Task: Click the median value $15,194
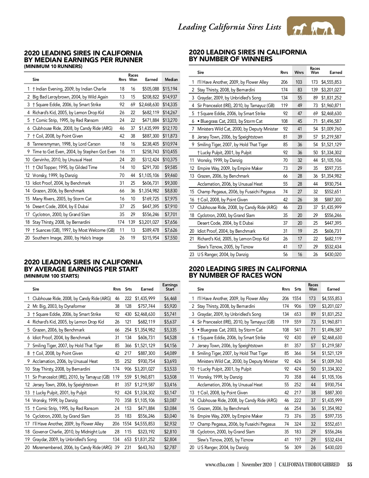pyautogui.click(x=170, y=89)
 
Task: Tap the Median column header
pyautogui.click(x=171, y=79)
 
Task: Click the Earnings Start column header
pyautogui.click(x=170, y=287)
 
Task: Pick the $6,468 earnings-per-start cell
pyautogui.click(x=170, y=298)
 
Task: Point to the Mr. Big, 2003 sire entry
pyautogui.click(x=59, y=306)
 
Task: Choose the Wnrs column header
pyautogui.click(x=299, y=73)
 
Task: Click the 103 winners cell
pyautogui.click(x=299, y=82)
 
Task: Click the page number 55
pyautogui.click(x=350, y=465)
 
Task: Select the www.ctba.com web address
pyautogui.click(x=220, y=465)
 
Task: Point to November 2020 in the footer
pyautogui.click(x=256, y=465)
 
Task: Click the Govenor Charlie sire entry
pyautogui.click(x=69, y=432)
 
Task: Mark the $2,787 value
pyautogui.click(x=170, y=448)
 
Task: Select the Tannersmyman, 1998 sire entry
pyautogui.click(x=66, y=144)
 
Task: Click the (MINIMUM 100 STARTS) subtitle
pyautogui.click(x=51, y=276)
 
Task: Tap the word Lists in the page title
pyautogui.click(x=273, y=27)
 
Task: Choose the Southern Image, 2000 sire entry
pyautogui.click(x=68, y=238)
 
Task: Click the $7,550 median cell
pyautogui.click(x=171, y=238)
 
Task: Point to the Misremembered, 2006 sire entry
pyautogui.click(x=72, y=448)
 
